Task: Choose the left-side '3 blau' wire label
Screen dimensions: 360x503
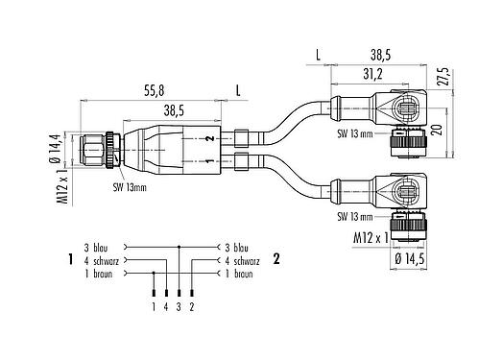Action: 100,246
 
